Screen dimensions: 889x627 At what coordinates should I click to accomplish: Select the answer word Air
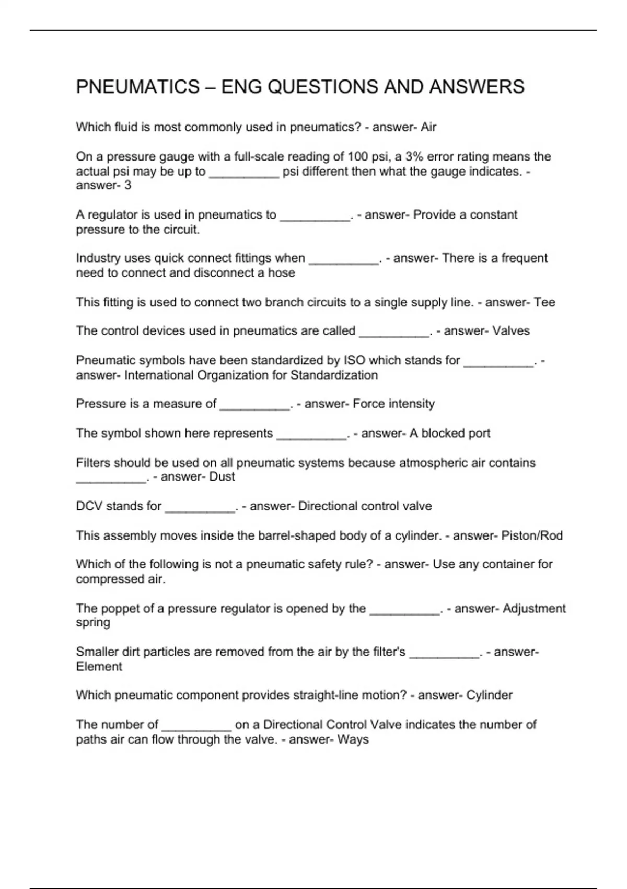[428, 127]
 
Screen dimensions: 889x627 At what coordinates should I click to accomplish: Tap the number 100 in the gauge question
[358, 157]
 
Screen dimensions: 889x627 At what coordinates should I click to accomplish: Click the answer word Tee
[544, 302]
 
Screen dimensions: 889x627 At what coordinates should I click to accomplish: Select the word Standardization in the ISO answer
[334, 375]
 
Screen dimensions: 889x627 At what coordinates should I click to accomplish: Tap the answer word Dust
[222, 476]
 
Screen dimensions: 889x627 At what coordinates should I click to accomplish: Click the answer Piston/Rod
[532, 535]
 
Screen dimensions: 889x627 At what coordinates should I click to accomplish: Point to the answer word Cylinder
[489, 695]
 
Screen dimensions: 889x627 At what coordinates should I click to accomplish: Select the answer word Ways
[353, 739]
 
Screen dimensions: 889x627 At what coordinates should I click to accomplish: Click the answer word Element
[99, 667]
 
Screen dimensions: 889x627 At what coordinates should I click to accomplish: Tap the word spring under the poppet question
[93, 622]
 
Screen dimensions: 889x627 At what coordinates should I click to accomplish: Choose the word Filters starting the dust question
[93, 463]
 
